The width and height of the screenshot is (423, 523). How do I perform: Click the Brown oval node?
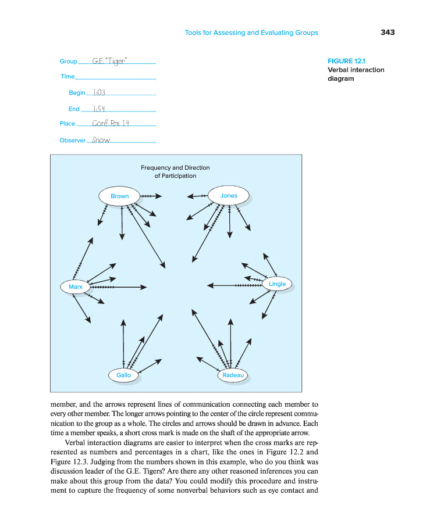[119, 196]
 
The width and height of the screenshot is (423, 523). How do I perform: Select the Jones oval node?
[229, 195]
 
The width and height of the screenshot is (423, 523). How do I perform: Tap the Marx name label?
[75, 287]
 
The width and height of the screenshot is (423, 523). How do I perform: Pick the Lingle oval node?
[277, 284]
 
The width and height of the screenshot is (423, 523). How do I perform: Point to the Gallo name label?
[123, 375]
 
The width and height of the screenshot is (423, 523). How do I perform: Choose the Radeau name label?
[233, 375]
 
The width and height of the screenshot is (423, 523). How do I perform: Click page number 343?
[388, 33]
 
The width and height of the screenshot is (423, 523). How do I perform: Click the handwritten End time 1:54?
[94, 109]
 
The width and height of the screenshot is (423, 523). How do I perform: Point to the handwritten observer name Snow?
[101, 140]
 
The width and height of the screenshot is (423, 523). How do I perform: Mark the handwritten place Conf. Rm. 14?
[111, 124]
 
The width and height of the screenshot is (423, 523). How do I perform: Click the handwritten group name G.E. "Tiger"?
[110, 62]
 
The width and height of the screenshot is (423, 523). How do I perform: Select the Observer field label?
[72, 141]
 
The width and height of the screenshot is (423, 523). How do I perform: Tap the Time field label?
[67, 77]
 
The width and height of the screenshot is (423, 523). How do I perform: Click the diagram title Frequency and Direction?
[175, 168]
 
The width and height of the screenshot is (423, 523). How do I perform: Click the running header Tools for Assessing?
[251, 33]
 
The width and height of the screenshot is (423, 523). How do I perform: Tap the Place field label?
[67, 124]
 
